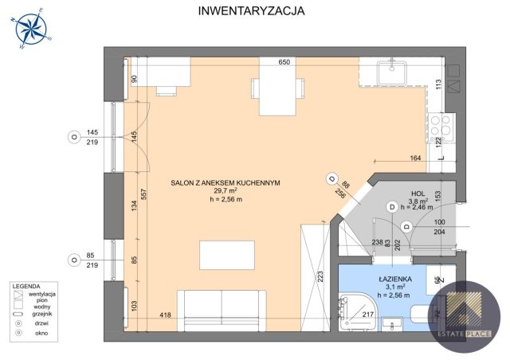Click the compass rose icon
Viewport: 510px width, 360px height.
pos(31,29)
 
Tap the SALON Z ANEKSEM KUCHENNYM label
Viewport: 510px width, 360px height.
pos(226,182)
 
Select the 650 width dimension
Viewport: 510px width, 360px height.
pos(283,62)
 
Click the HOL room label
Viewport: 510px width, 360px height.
pos(418,194)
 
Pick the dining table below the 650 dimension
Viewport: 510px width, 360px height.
pos(273,88)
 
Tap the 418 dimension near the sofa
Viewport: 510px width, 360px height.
pos(165,316)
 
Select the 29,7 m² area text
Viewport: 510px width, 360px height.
pos(226,192)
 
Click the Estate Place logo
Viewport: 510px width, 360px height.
pos(466,312)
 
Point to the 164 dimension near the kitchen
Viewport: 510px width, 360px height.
pos(415,158)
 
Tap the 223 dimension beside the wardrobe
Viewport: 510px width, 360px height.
pos(320,276)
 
